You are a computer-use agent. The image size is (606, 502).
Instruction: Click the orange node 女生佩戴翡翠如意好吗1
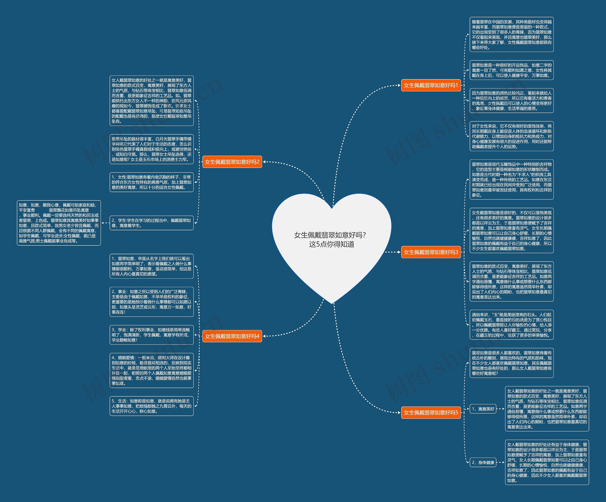coord(431,86)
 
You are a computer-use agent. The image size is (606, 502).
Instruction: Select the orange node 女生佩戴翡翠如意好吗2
coord(232,162)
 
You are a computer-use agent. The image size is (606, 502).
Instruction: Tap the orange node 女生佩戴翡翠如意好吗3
coord(431,252)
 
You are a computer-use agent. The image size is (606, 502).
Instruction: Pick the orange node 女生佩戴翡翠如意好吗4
coord(232,336)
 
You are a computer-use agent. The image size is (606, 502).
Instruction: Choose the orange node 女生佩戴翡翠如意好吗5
coord(431,412)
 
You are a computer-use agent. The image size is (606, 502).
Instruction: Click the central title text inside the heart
coord(331,240)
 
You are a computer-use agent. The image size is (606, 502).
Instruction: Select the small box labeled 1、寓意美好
coord(483,409)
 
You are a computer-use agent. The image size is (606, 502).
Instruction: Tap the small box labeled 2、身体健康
coord(483,462)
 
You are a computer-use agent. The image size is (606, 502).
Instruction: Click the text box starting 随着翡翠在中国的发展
coord(511,35)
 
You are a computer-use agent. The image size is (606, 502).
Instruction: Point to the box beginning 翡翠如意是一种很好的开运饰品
coord(511,70)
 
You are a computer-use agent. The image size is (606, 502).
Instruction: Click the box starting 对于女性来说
coord(511,136)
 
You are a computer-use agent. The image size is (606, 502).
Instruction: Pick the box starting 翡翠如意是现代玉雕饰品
coord(511,180)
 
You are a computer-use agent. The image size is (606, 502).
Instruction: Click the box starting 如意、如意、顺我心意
coord(58,223)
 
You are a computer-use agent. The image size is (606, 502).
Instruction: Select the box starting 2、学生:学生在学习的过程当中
coord(151,223)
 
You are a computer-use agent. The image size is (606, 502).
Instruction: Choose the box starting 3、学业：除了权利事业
coord(151,335)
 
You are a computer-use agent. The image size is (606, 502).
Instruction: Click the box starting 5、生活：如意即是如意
coord(151,406)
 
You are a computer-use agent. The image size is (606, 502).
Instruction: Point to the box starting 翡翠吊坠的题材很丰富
coord(151,149)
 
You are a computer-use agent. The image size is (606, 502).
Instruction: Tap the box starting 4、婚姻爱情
coord(151,370)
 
